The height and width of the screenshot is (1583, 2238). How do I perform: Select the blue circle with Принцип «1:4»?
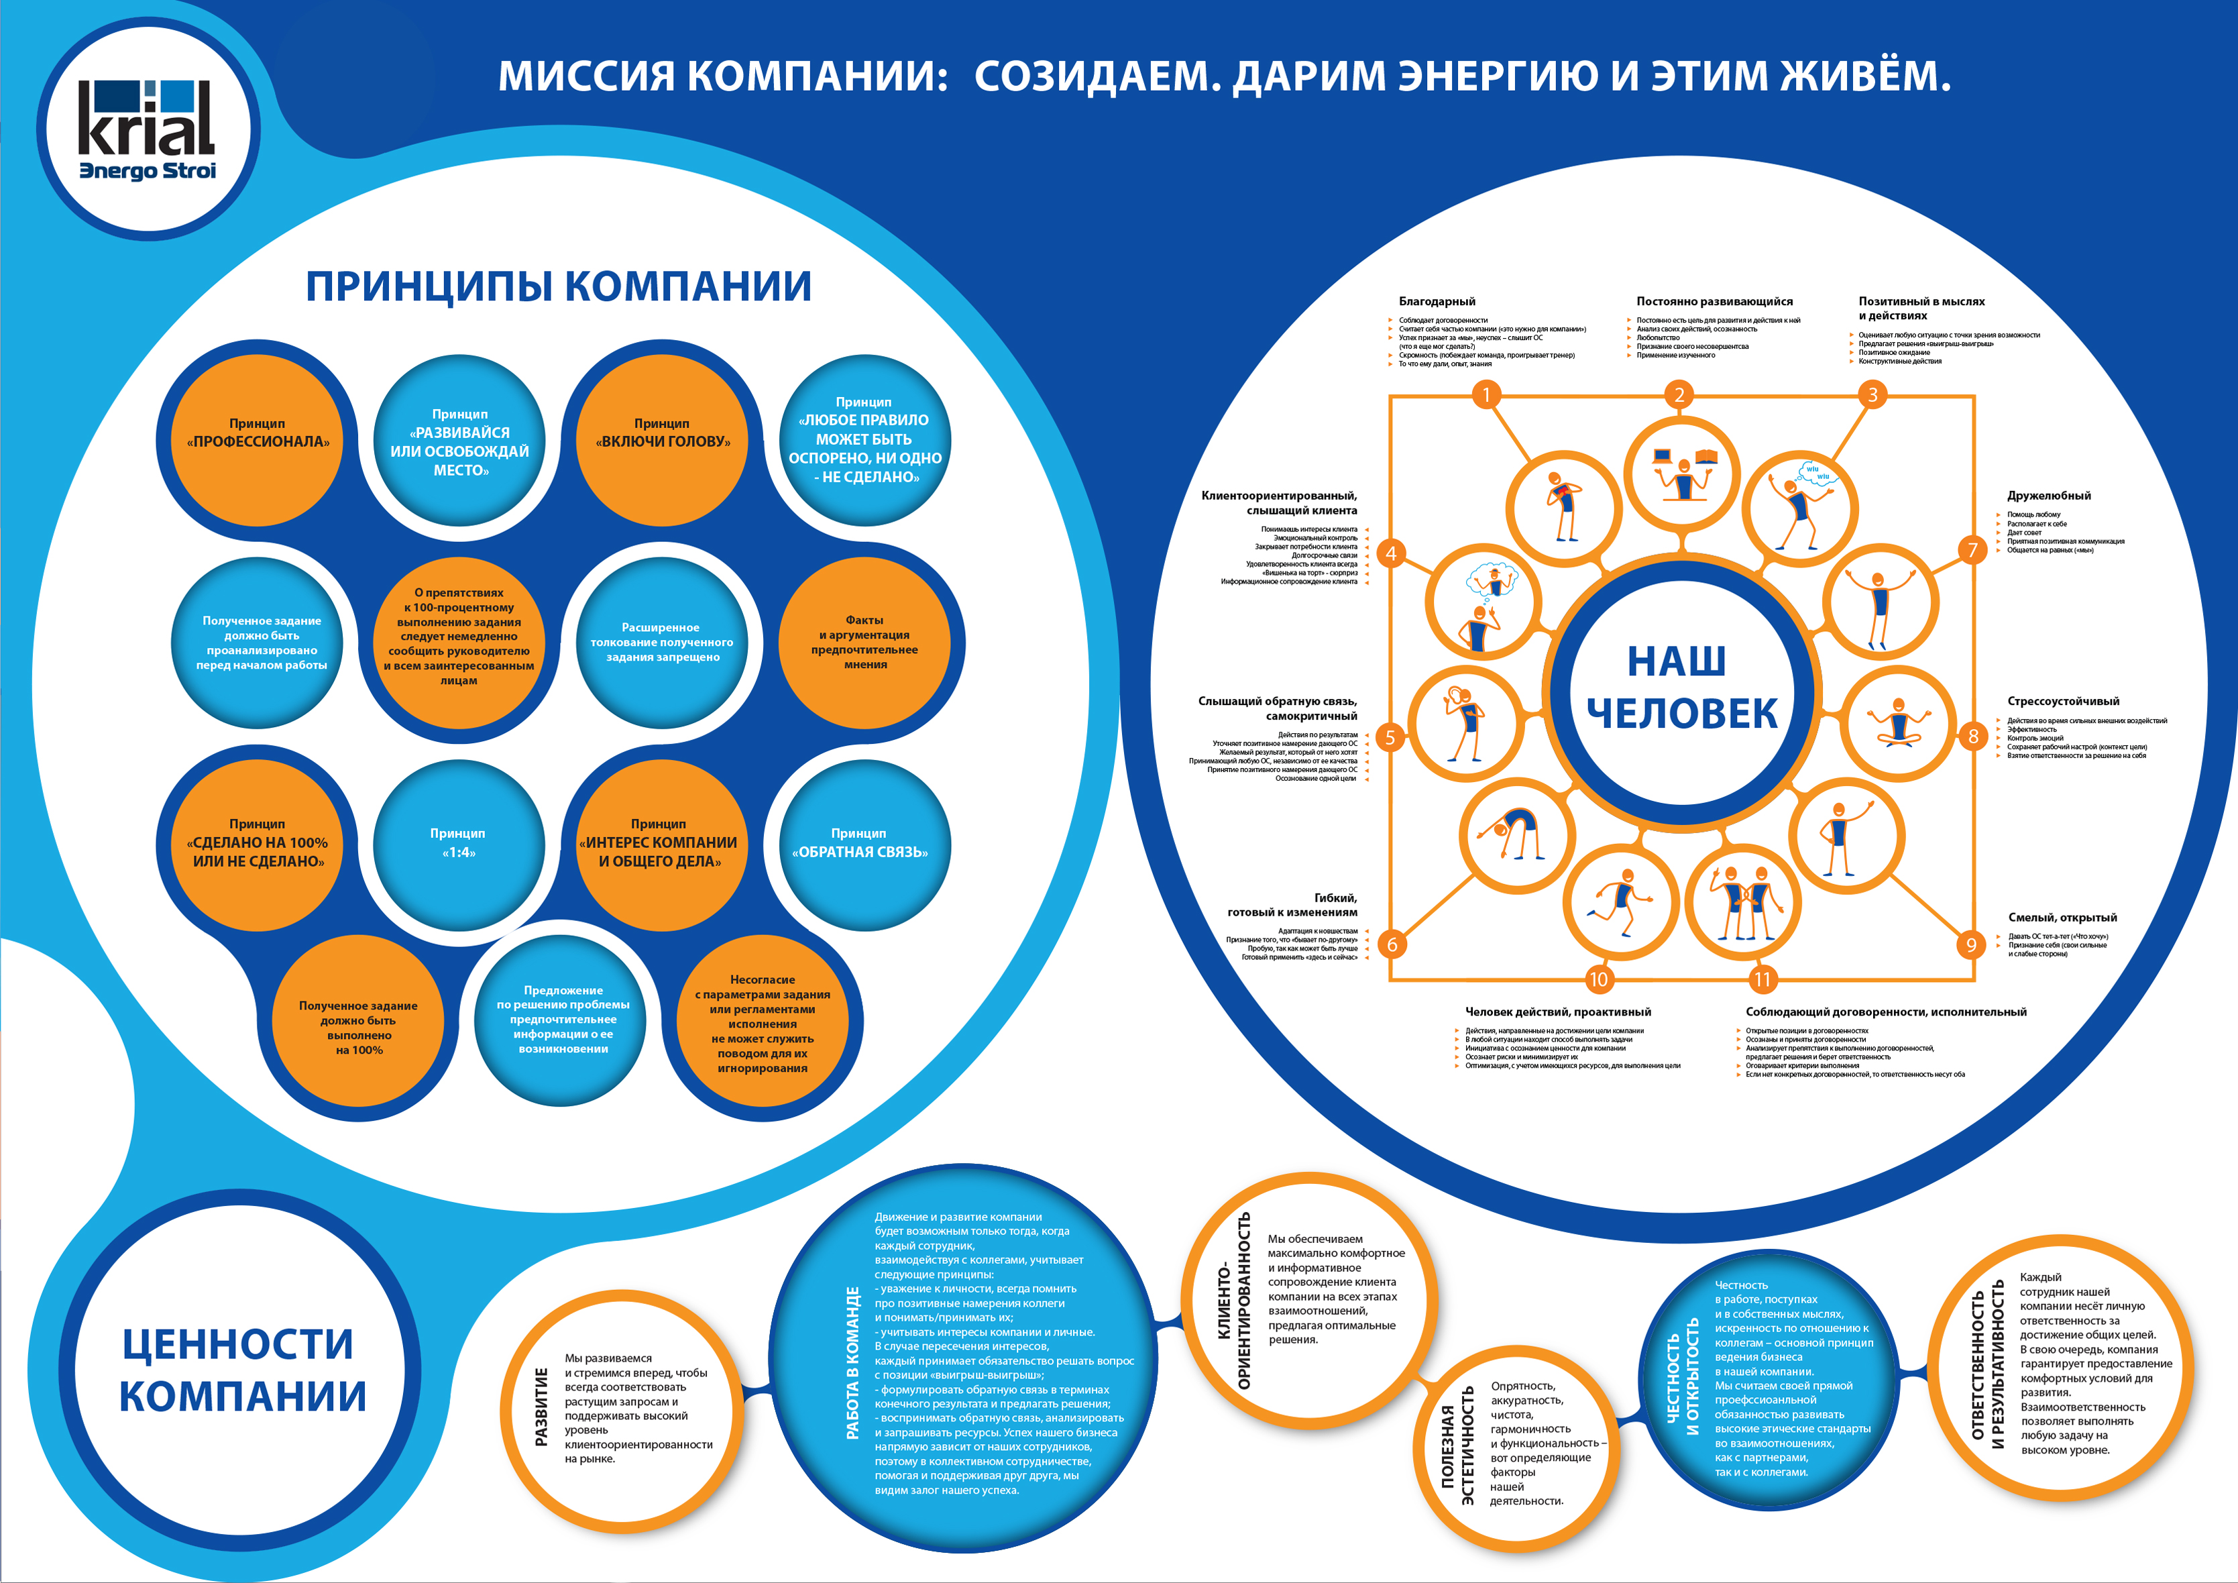pyautogui.click(x=458, y=844)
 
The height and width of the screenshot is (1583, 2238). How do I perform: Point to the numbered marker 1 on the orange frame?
pyautogui.click(x=1486, y=395)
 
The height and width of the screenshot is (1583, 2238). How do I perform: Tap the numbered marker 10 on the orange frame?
pyautogui.click(x=1599, y=979)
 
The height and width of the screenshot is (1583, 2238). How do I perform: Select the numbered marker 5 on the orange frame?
pyautogui.click(x=1391, y=738)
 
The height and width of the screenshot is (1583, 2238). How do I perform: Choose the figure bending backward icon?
pyautogui.click(x=1516, y=833)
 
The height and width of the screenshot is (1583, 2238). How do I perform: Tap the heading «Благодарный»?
pyautogui.click(x=1437, y=301)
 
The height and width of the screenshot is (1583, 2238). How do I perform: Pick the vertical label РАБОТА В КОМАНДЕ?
pyautogui.click(x=853, y=1363)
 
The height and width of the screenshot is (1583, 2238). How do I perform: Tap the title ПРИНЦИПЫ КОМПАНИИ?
pyautogui.click(x=559, y=286)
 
